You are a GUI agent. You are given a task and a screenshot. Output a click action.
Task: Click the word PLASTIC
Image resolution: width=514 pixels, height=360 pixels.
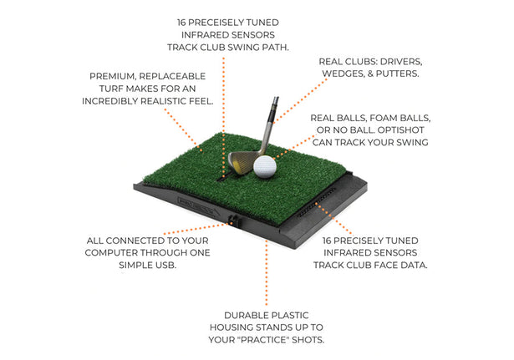pyautogui.click(x=288, y=315)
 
